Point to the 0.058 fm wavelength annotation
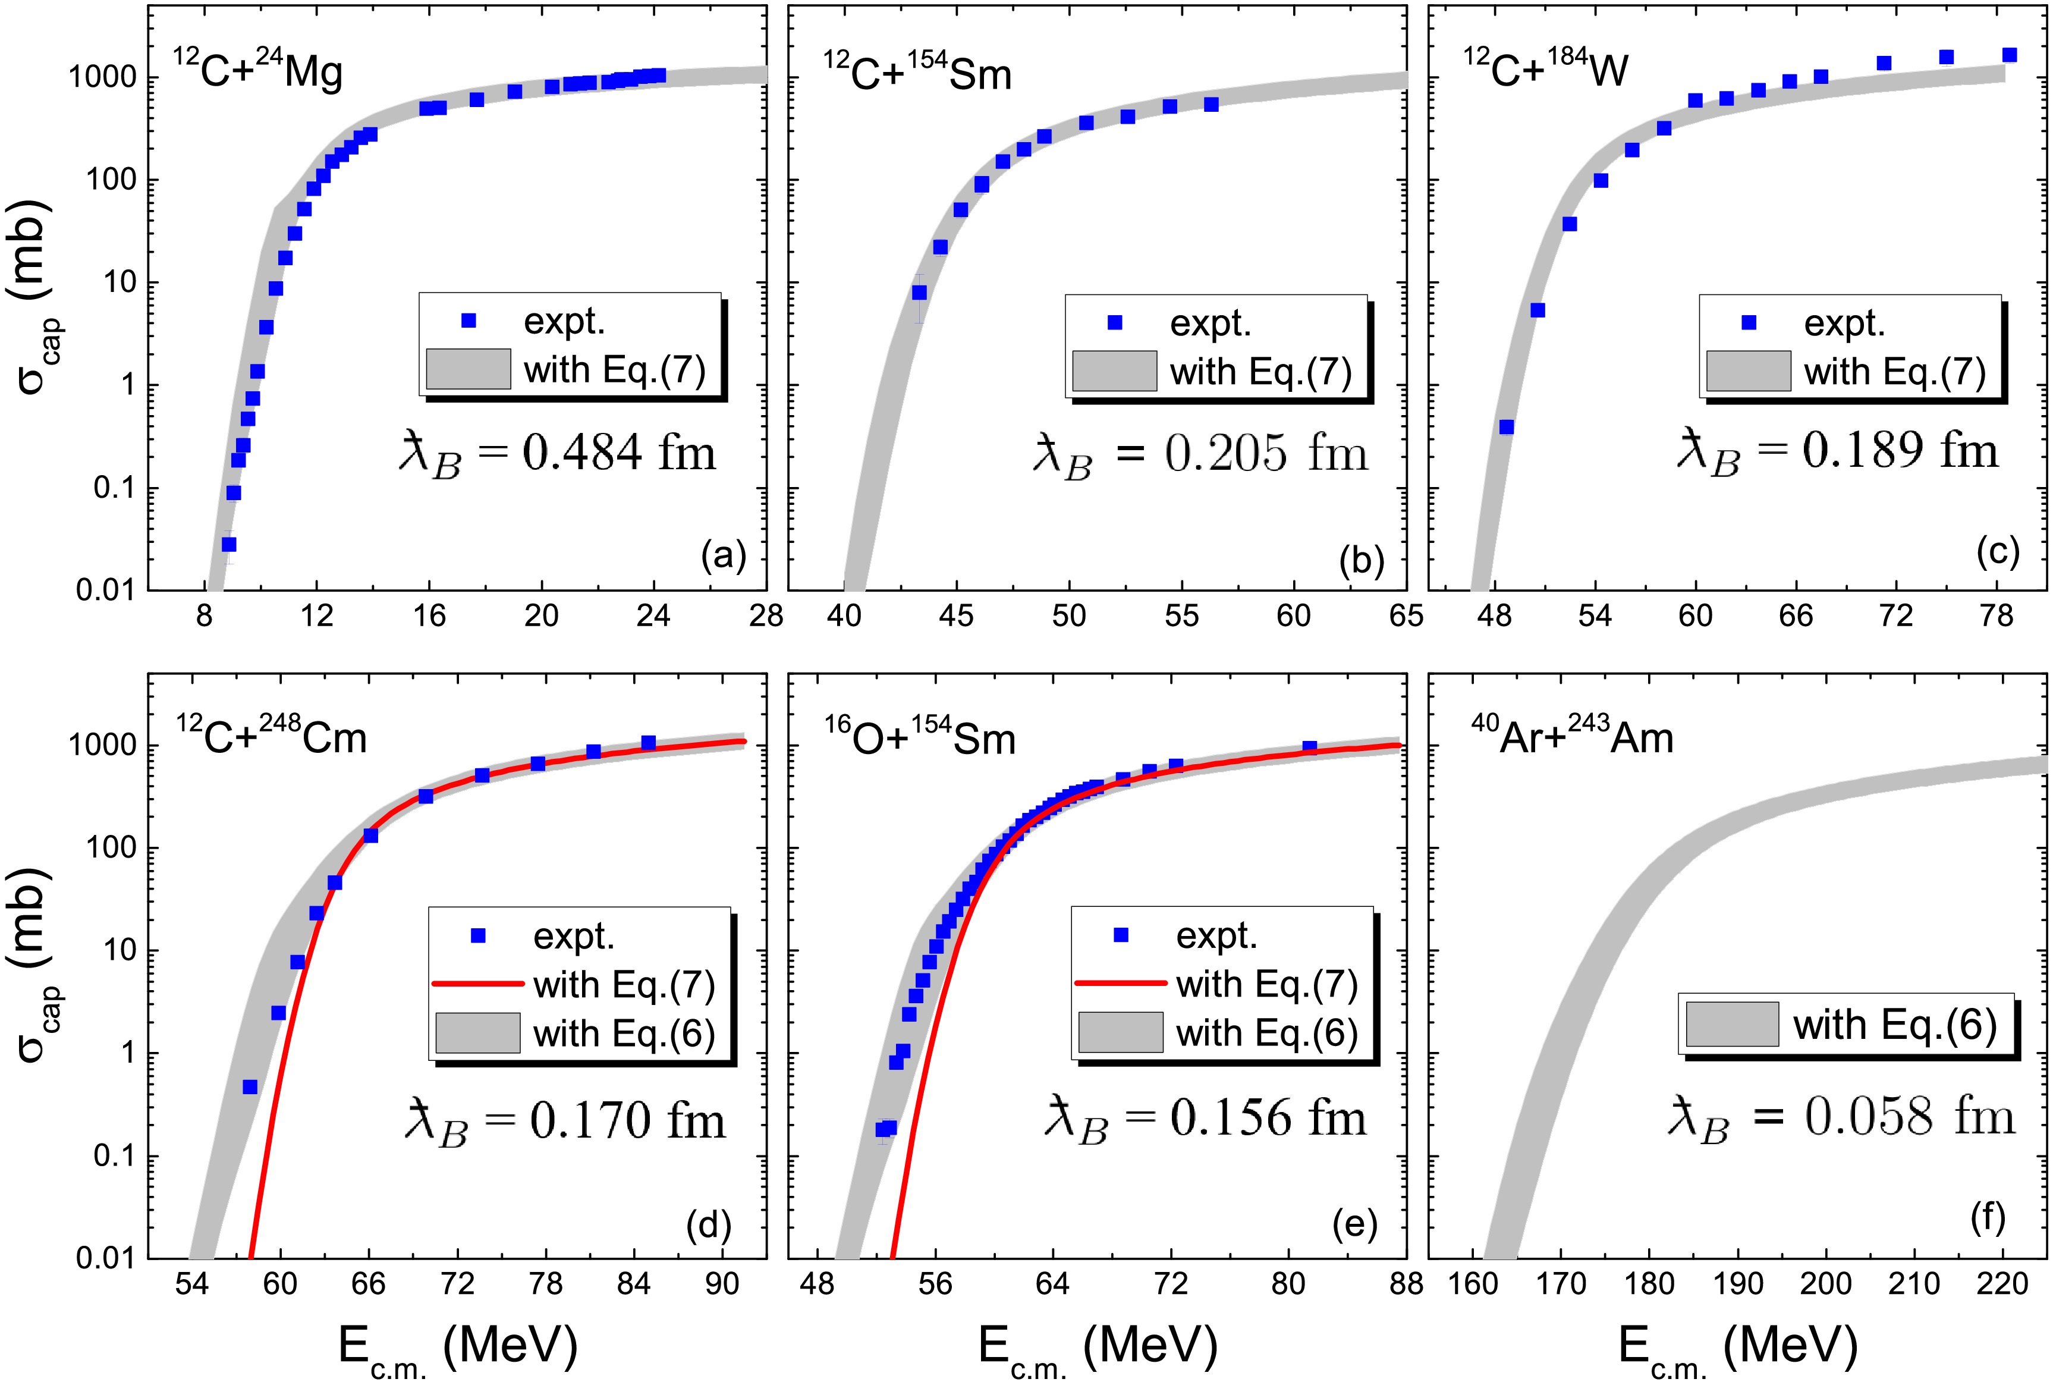click(x=1841, y=1119)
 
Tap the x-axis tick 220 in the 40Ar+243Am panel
click(x=2002, y=1283)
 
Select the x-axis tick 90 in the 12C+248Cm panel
click(x=722, y=1283)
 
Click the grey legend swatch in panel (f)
click(x=1731, y=1024)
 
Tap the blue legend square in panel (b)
click(x=1115, y=322)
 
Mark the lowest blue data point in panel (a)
click(x=229, y=545)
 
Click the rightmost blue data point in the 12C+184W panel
click(x=2010, y=55)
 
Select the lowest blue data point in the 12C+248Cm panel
click(x=250, y=1086)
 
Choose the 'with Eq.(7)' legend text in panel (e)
click(x=1266, y=983)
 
